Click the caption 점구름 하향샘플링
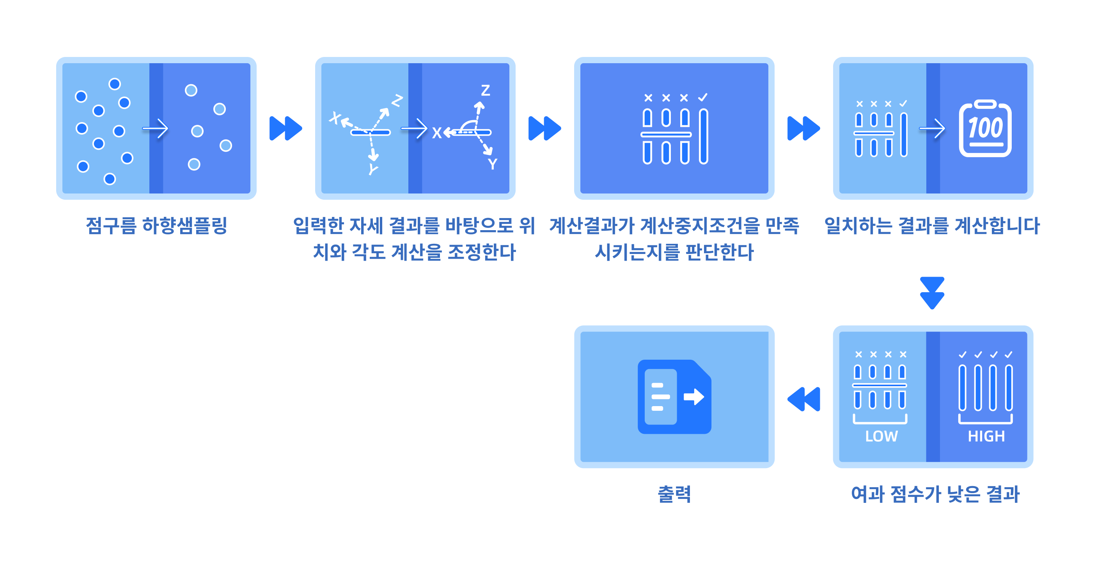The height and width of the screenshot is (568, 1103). pos(156,226)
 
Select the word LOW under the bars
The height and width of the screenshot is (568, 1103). pos(881,436)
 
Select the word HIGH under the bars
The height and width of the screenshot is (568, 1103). pos(986,436)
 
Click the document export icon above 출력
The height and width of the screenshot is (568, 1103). pos(674,397)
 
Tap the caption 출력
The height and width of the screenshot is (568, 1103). pos(674,494)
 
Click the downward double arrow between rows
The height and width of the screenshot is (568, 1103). pos(932,293)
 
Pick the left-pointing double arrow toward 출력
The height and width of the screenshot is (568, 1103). pos(804,399)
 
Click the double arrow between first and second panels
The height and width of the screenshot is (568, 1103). pos(286,128)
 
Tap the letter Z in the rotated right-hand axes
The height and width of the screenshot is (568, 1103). pos(485,91)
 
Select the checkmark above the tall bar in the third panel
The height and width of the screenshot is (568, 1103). pos(703,98)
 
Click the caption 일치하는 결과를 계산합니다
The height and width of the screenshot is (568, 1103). pos(932,226)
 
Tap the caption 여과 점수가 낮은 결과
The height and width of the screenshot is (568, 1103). pos(935,494)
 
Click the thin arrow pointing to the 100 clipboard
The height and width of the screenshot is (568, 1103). pos(933,128)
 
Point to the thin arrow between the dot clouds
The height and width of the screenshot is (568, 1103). pos(156,128)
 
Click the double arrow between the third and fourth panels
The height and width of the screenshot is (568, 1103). pos(804,128)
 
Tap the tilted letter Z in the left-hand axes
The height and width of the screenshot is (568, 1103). pos(397,101)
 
